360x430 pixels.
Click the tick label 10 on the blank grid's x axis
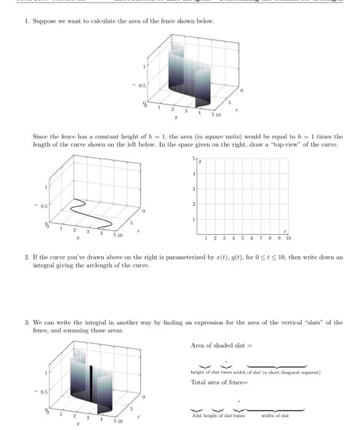[x=288, y=238]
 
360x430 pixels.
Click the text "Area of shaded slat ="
[x=217, y=345]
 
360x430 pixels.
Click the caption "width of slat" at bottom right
[x=275, y=416]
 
